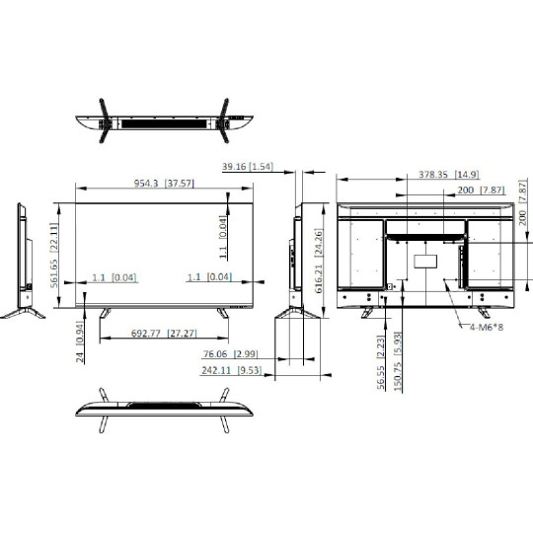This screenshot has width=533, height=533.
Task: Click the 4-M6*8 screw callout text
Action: tap(487, 327)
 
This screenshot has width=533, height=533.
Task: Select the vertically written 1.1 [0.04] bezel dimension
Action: tap(223, 234)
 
